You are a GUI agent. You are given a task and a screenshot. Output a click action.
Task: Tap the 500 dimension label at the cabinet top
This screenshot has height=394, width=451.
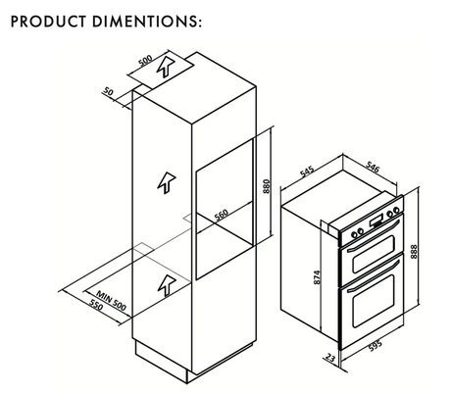[145, 61]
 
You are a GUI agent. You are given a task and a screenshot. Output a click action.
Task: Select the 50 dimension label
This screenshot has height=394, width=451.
[108, 91]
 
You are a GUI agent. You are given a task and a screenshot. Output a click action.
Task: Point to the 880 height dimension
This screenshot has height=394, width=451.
[267, 186]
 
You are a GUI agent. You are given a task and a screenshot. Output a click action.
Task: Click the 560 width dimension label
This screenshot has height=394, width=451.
[222, 215]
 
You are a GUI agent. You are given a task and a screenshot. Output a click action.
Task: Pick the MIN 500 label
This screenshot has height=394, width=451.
[111, 301]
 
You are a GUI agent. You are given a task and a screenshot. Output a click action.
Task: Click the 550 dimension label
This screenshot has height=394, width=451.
[96, 305]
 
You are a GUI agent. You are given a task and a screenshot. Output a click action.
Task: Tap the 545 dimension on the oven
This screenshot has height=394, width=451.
[307, 172]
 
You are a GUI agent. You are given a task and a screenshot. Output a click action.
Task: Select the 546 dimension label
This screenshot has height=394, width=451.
[373, 167]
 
